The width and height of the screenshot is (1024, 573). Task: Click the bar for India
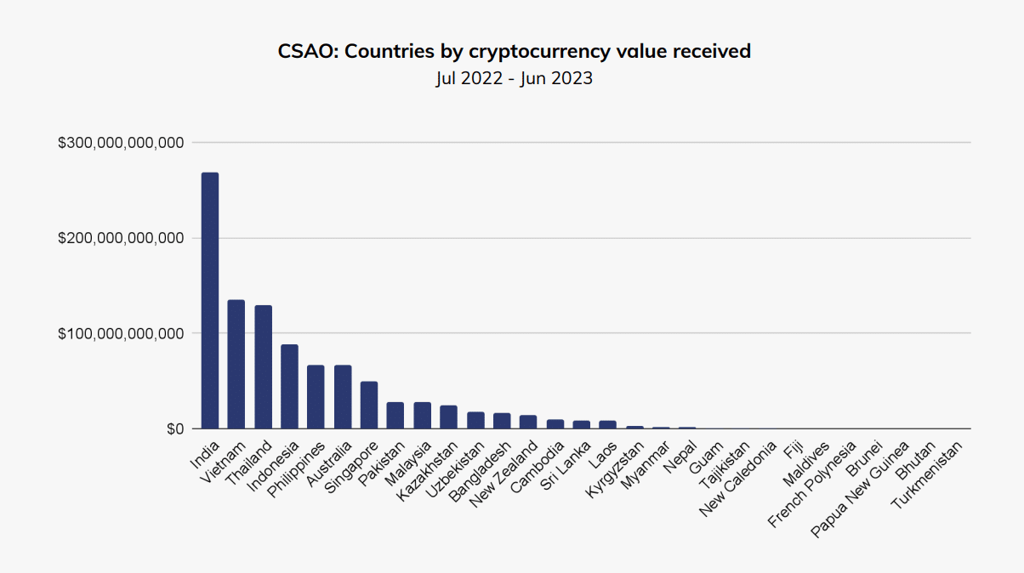point(210,301)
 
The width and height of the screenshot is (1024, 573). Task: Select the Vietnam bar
point(236,365)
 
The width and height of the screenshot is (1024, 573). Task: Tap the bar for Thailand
point(263,367)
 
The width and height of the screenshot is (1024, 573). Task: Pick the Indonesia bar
point(289,387)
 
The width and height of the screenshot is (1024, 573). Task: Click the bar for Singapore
point(369,406)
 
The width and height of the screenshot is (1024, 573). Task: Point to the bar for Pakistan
point(395,416)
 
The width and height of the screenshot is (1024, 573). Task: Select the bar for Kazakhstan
point(448,417)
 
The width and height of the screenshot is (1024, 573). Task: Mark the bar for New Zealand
point(528,423)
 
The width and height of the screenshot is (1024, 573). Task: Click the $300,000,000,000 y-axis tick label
point(121,143)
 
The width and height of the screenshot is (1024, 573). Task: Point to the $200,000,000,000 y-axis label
point(121,238)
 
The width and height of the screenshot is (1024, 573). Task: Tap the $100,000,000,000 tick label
point(121,334)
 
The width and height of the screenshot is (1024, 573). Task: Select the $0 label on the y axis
point(175,429)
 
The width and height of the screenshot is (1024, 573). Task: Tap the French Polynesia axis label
point(812,484)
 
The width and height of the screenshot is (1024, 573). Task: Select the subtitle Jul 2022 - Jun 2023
point(513,79)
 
